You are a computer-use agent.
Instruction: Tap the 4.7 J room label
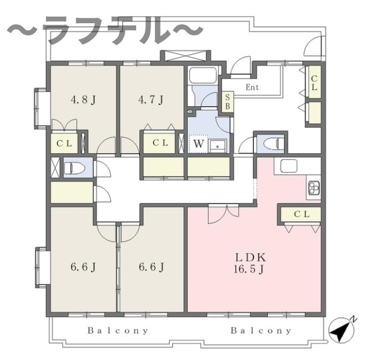point(151,100)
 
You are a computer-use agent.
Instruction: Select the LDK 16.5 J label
point(251,264)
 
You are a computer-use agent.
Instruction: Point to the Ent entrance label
point(252,87)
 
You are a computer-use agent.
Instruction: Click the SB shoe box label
point(227,102)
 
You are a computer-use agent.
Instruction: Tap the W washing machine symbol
point(198,144)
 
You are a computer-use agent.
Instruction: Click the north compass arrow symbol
point(341,331)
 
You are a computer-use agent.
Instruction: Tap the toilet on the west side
point(74,168)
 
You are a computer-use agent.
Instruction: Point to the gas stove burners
point(314,188)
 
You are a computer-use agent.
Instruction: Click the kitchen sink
point(289,166)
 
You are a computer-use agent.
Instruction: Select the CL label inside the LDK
point(299,214)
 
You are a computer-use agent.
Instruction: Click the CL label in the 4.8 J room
point(65,143)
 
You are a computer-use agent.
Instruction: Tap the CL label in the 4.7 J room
point(160,143)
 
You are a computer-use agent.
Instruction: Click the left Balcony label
point(118,331)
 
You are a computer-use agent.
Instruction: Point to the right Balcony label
point(261,331)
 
